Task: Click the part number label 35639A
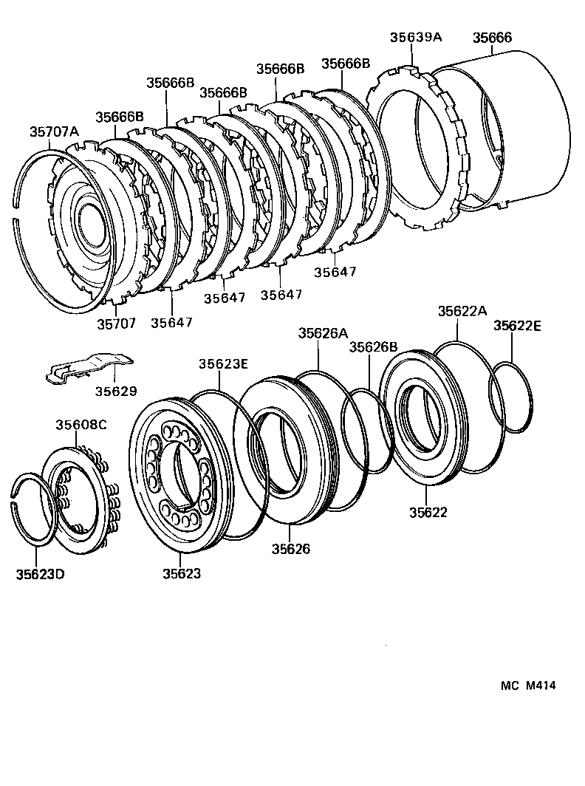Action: [x=414, y=38]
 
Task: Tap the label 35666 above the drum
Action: [x=492, y=38]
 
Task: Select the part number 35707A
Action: [x=54, y=131]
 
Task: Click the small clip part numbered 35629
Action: [x=87, y=367]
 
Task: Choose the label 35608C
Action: [x=81, y=425]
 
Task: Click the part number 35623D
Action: [x=40, y=574]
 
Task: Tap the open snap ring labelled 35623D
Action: [x=34, y=510]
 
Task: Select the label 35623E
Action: [x=222, y=363]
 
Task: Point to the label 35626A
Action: [x=323, y=333]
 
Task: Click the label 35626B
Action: [x=373, y=346]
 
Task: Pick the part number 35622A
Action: [x=462, y=312]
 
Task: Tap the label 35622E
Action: [x=517, y=326]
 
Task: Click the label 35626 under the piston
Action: [x=290, y=548]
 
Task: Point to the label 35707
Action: [x=116, y=323]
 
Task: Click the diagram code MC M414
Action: [x=527, y=686]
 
